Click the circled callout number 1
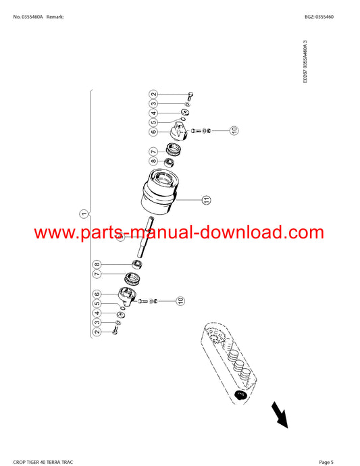click(x=84, y=213)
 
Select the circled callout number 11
click(x=206, y=200)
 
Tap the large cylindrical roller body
click(x=160, y=192)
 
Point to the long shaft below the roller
click(x=145, y=237)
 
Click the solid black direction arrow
click(x=280, y=415)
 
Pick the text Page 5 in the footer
click(x=326, y=462)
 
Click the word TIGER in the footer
click(x=33, y=462)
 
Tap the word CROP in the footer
click(x=19, y=462)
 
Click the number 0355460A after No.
click(x=32, y=17)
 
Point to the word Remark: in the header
click(x=55, y=17)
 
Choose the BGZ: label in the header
click(x=309, y=17)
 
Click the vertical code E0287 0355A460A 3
click(x=305, y=62)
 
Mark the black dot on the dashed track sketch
click(x=240, y=394)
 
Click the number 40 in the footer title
click(x=44, y=462)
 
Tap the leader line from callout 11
click(x=189, y=200)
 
